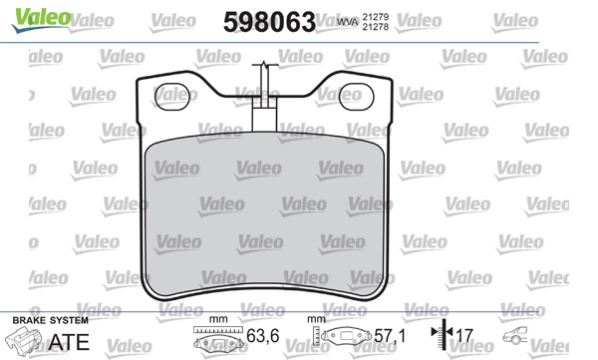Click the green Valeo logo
tap(41, 20)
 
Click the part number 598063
tap(270, 22)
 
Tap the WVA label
tap(348, 22)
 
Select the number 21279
tap(376, 17)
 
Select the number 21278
tap(376, 27)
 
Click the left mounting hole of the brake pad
tap(172, 97)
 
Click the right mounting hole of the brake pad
tap(356, 97)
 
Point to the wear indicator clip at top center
tap(265, 98)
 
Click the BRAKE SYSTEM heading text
tap(51, 320)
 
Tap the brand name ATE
tap(69, 342)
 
